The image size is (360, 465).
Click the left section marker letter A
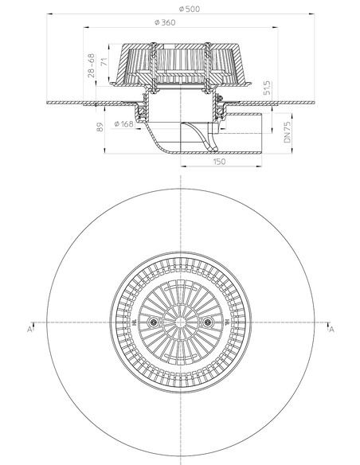(29, 327)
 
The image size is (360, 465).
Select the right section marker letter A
(331, 327)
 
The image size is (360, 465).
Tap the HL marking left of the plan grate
(136, 322)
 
